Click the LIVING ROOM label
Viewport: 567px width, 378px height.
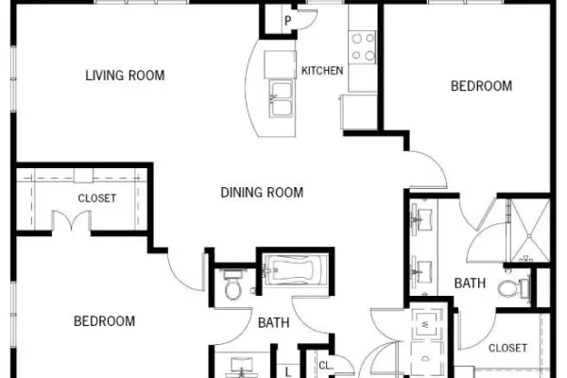click(x=125, y=76)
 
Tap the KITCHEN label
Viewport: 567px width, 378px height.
click(x=322, y=71)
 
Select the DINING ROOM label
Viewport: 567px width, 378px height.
click(x=262, y=193)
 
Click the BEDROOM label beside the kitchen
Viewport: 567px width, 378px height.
click(x=481, y=86)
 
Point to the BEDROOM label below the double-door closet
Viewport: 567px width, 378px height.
click(x=105, y=321)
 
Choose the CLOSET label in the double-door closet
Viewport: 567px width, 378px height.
click(x=97, y=198)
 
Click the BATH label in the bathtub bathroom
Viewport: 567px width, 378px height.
click(x=274, y=322)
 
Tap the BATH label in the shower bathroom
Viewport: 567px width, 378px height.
click(x=470, y=283)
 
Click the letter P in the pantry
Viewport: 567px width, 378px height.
click(x=288, y=21)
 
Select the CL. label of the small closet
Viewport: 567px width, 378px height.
click(x=326, y=366)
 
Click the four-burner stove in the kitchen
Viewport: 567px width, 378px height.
click(x=362, y=47)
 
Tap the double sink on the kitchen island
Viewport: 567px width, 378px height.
click(x=281, y=98)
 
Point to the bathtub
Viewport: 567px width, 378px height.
click(x=295, y=270)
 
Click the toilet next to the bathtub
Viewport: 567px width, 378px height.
click(x=232, y=285)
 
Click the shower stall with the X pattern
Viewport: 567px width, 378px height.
click(x=529, y=231)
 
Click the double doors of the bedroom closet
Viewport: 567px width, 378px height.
click(x=72, y=220)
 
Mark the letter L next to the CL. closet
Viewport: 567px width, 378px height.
click(x=288, y=371)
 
